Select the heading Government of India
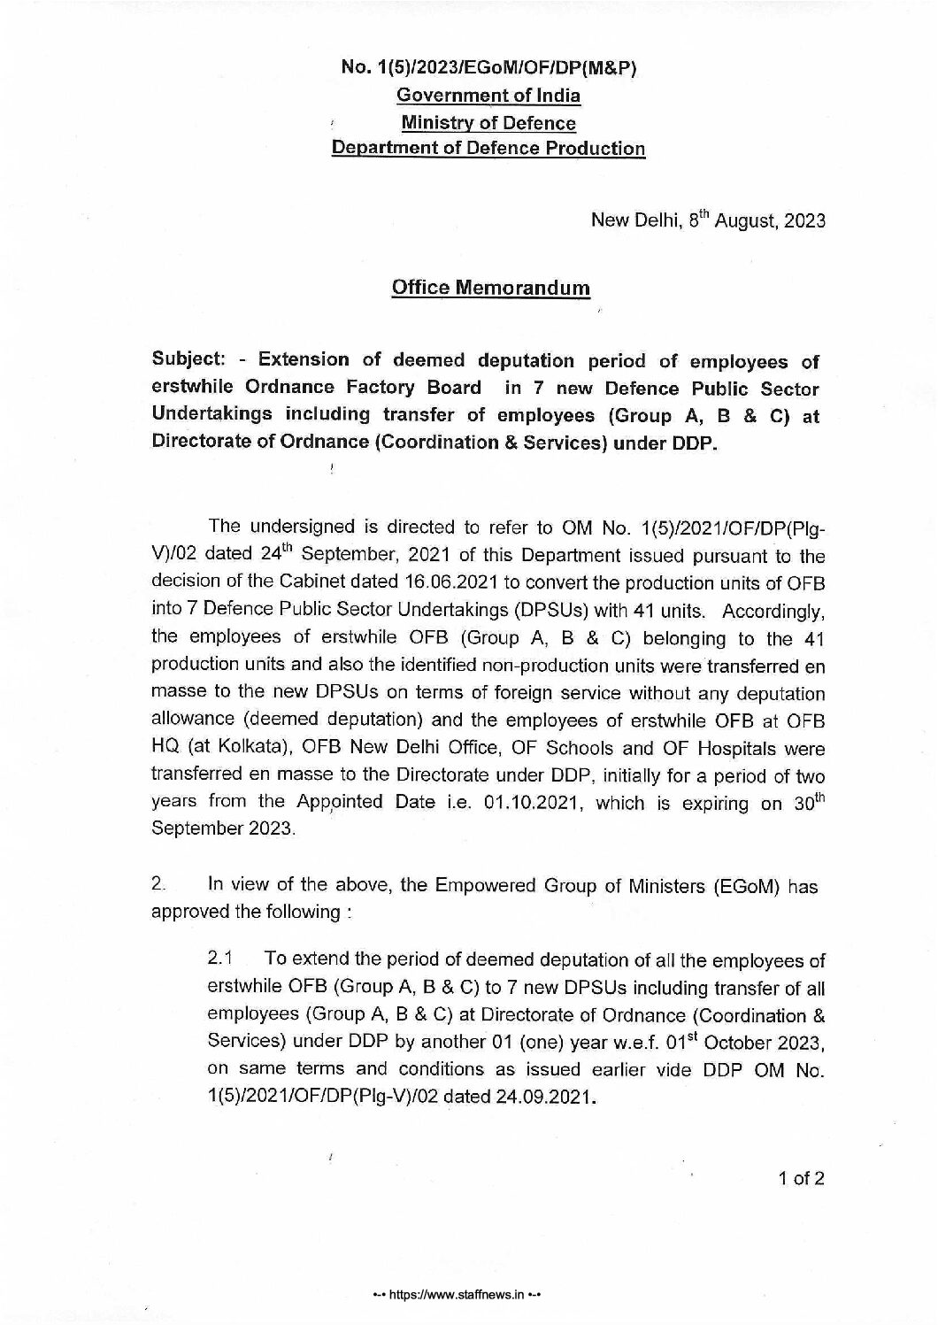(488, 96)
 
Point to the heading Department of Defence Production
(488, 149)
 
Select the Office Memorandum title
(490, 289)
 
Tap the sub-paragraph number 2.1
(219, 959)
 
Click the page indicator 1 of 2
(802, 1178)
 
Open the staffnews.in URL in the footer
(457, 1293)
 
